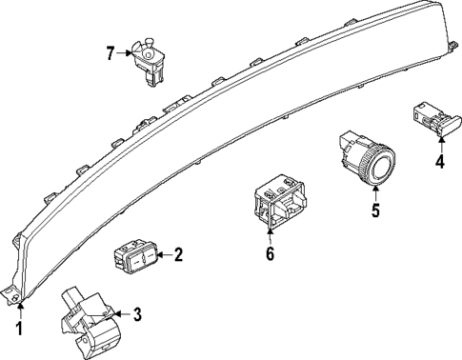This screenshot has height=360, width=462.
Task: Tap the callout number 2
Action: click(178, 254)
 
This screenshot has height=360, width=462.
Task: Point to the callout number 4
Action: click(440, 161)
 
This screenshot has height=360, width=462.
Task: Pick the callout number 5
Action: click(375, 210)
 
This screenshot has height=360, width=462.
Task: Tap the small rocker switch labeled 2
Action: click(134, 255)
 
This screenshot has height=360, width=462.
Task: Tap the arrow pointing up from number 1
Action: click(18, 310)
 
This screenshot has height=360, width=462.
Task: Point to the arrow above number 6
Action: click(270, 232)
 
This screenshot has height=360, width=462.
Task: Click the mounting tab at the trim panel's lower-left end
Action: click(15, 297)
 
